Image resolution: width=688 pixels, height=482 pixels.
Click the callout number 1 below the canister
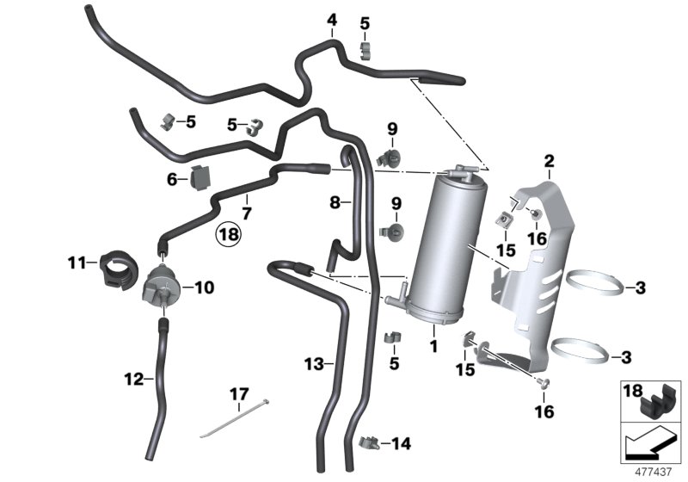pyautogui.click(x=433, y=346)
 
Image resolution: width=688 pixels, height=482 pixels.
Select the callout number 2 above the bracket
pyautogui.click(x=549, y=160)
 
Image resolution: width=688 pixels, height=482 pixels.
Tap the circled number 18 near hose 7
pyautogui.click(x=229, y=232)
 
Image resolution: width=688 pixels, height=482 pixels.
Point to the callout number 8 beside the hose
pyautogui.click(x=336, y=203)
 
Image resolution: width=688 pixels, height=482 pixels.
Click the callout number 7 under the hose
pyautogui.click(x=246, y=213)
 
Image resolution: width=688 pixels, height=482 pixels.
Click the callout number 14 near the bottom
pyautogui.click(x=401, y=444)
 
